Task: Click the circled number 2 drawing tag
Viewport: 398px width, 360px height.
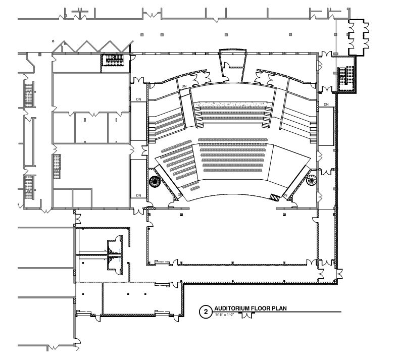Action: pos(206,312)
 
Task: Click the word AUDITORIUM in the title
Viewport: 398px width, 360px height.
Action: pos(232,308)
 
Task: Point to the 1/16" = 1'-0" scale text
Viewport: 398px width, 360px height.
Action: pos(225,315)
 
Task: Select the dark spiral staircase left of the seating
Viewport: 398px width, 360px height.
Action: pos(155,182)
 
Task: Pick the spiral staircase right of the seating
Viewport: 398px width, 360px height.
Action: pos(312,180)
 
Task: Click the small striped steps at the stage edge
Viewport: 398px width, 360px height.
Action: pos(274,197)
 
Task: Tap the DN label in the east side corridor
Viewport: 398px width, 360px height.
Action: pos(326,105)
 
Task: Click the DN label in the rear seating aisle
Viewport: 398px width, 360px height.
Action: pos(184,86)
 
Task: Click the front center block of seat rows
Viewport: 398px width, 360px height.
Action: pos(232,155)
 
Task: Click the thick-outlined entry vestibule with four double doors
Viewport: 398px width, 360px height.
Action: pos(359,37)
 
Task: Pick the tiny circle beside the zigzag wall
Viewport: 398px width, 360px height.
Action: pos(53,41)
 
